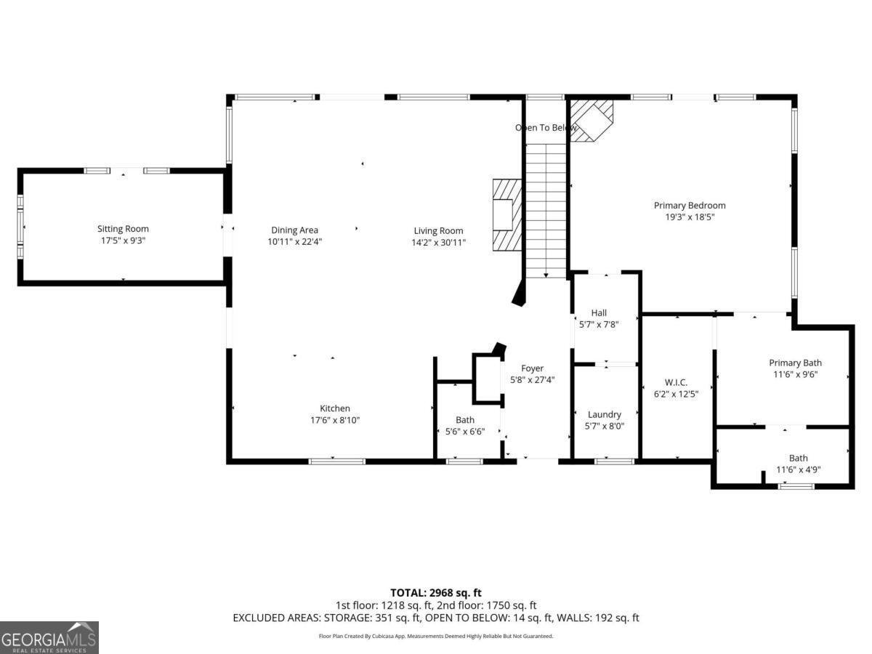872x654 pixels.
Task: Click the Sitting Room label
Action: [123, 229]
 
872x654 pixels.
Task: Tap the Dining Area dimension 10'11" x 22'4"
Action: [294, 242]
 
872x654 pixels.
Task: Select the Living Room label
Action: [438, 231]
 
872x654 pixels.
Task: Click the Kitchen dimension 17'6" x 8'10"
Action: [335, 420]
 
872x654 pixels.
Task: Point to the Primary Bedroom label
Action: [690, 206]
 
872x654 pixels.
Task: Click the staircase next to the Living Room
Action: [545, 211]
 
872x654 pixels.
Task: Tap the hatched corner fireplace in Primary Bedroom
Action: [592, 119]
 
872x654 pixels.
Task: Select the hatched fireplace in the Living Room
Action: [507, 214]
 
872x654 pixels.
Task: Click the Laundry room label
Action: [605, 414]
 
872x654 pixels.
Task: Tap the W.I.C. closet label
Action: [676, 382]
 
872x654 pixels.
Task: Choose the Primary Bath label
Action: [796, 363]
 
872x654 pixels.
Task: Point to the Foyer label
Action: [532, 368]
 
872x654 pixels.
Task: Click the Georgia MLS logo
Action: [49, 637]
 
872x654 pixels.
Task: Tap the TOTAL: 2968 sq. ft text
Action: [436, 593]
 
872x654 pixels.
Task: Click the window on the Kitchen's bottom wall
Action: [336, 461]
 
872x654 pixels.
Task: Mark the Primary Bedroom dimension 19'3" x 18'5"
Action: [690, 217]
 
